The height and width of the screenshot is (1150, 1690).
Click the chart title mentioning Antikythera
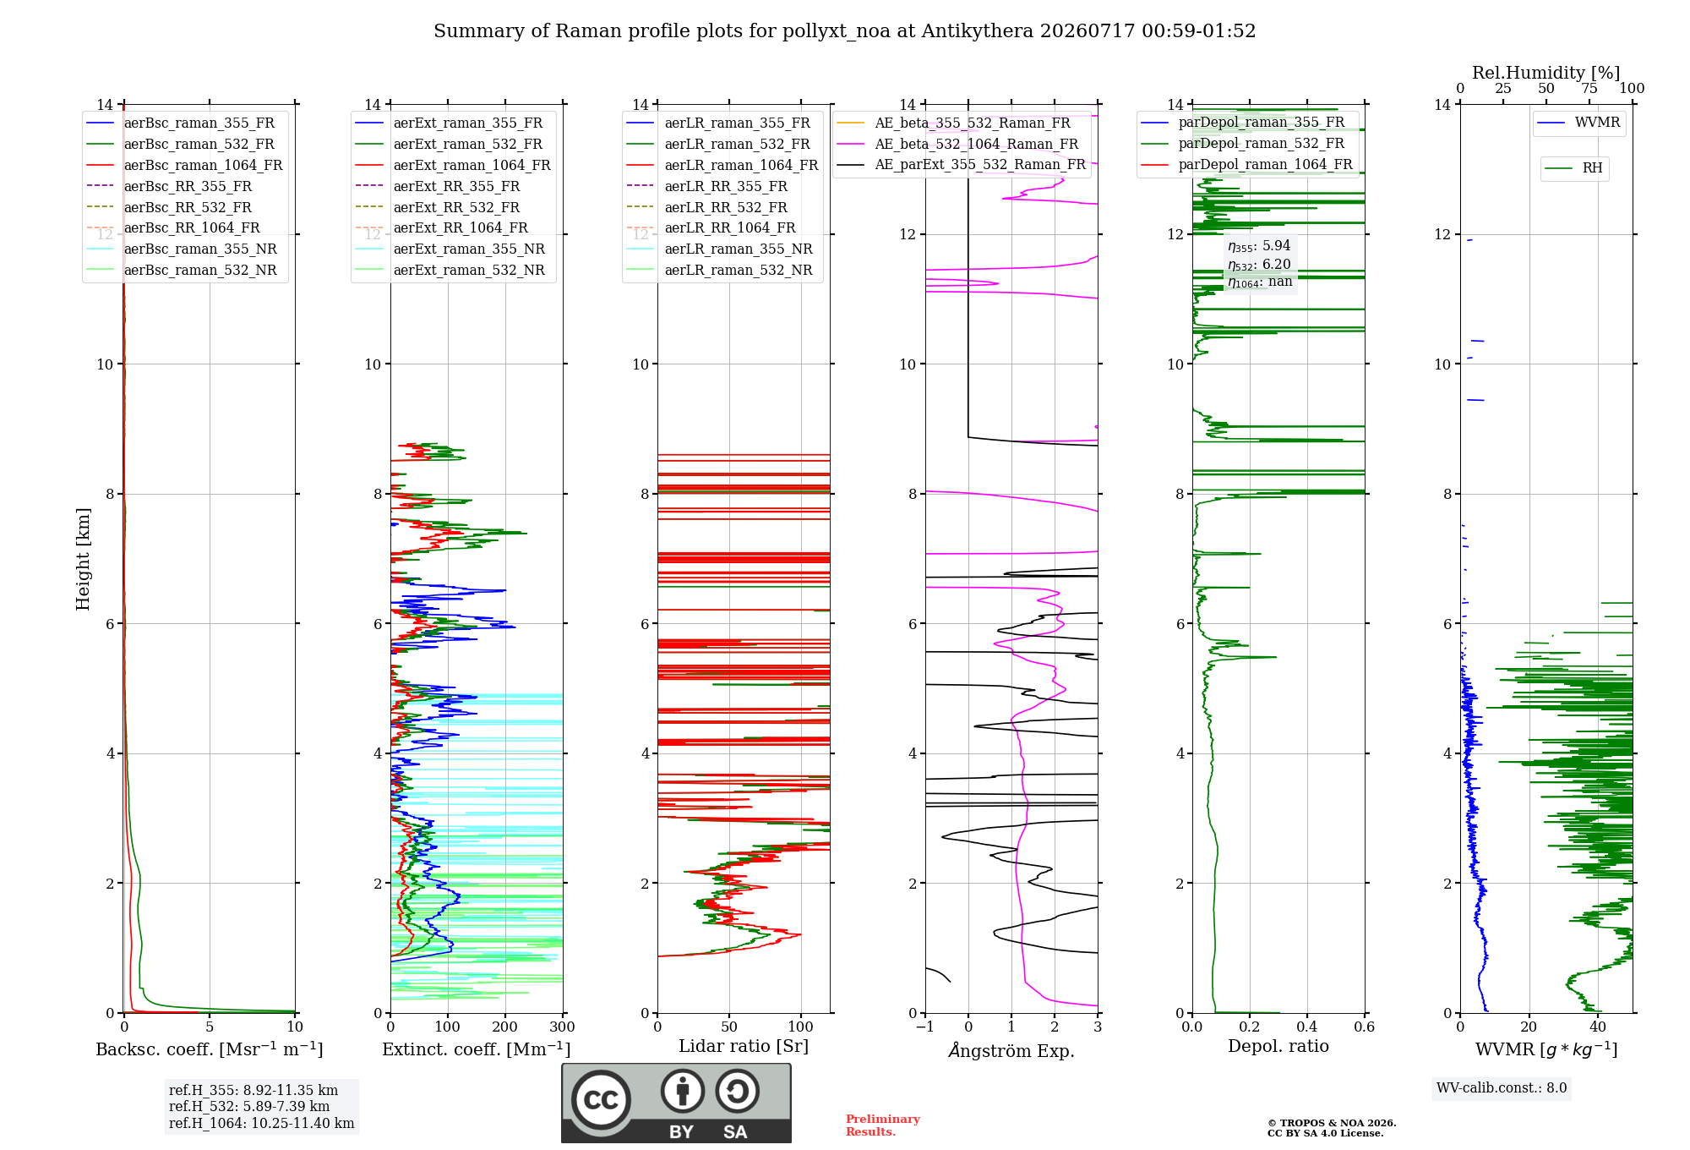(x=844, y=31)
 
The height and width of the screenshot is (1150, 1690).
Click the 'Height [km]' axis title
(x=83, y=559)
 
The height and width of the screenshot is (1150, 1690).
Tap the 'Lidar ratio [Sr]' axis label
(x=744, y=1046)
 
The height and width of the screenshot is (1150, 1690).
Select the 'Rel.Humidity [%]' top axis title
(x=1546, y=73)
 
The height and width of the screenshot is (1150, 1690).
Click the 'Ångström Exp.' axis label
(x=1011, y=1050)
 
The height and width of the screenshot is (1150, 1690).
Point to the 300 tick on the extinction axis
(x=562, y=1027)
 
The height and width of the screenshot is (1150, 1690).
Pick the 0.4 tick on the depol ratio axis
(x=1306, y=1027)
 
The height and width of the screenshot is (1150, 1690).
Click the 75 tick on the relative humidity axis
(x=1589, y=89)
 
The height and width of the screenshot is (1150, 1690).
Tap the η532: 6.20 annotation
(x=1259, y=265)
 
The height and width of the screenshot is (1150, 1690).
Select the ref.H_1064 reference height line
(x=261, y=1124)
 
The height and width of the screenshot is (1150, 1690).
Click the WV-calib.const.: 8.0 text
(x=1502, y=1088)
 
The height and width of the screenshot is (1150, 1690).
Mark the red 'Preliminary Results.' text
(x=883, y=1125)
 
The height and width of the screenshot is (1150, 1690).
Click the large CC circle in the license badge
(x=601, y=1099)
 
